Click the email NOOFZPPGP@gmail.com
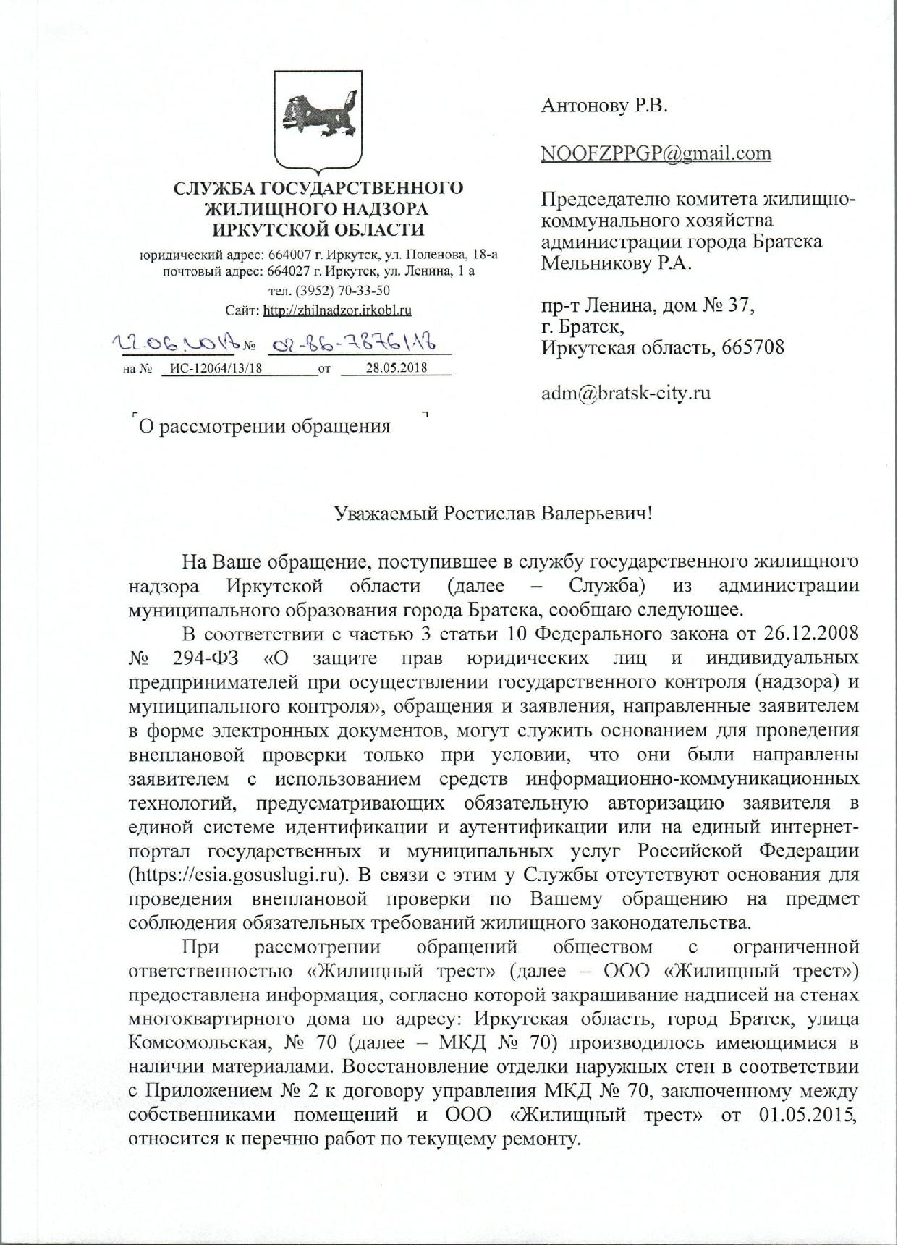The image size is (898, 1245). coord(656,153)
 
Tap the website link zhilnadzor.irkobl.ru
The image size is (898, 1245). coord(337,310)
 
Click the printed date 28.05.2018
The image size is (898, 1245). coord(397,367)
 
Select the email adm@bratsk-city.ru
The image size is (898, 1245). coord(626,394)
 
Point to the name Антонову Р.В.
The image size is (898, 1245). coord(604,106)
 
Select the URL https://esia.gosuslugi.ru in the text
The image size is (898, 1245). coord(235,874)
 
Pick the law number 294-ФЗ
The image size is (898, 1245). coord(208,658)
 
